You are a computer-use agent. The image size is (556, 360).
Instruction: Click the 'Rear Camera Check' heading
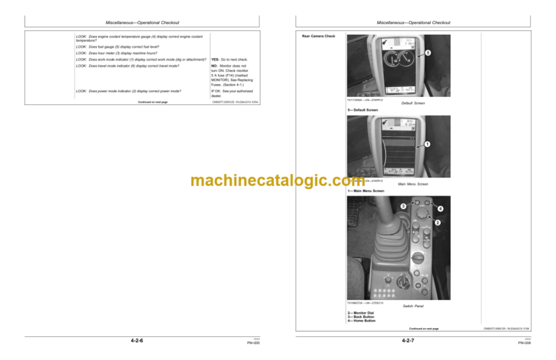point(319,35)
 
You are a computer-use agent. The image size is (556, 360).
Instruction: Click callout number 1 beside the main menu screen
point(427,144)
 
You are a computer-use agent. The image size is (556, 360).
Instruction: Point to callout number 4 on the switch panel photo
point(439,210)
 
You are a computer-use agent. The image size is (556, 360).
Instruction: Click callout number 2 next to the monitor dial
point(437,222)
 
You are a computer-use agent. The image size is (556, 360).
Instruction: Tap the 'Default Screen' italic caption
point(413,104)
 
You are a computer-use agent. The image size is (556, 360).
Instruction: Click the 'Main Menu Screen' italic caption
point(413,184)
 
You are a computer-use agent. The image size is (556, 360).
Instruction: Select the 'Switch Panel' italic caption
point(413,306)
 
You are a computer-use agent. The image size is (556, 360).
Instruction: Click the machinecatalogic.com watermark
point(278,180)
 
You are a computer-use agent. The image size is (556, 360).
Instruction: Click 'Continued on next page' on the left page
point(153,102)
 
